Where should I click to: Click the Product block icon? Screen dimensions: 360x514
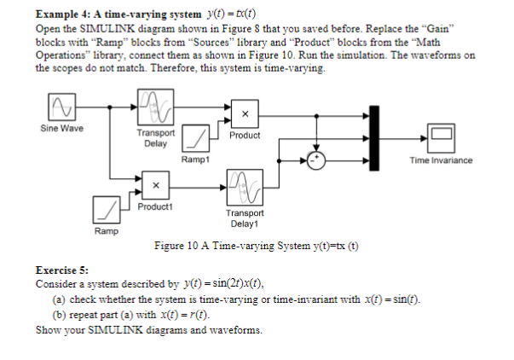(244, 114)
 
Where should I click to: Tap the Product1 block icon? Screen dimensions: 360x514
(155, 184)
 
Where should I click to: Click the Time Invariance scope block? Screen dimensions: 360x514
(441, 136)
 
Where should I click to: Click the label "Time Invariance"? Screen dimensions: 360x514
(441, 160)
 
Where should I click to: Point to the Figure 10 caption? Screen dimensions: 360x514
(256, 247)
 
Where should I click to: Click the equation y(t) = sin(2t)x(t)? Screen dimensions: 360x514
(217, 284)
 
